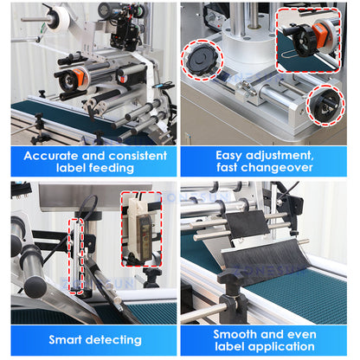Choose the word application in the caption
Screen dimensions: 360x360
290,345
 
